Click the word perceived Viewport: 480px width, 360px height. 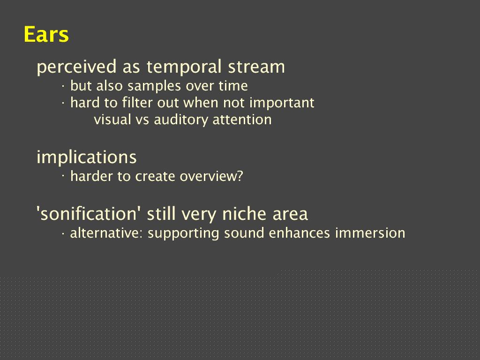pyautogui.click(x=76, y=67)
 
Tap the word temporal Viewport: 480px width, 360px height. pyautogui.click(x=184, y=67)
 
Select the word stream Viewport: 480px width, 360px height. pyautogui.click(x=256, y=67)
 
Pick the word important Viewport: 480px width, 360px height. pyautogui.click(x=282, y=103)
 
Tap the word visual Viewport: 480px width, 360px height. pyautogui.click(x=112, y=120)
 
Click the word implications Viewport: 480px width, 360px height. pyautogui.click(x=87, y=157)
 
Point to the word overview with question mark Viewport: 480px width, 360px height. pyautogui.click(x=211, y=176)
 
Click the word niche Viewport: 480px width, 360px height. pyautogui.click(x=244, y=213)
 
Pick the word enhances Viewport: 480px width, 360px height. pyautogui.click(x=299, y=233)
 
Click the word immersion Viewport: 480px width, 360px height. pyautogui.click(x=370, y=233)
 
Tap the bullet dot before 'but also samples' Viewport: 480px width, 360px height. pyautogui.click(x=63, y=87)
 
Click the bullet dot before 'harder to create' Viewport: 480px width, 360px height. pyautogui.click(x=63, y=176)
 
